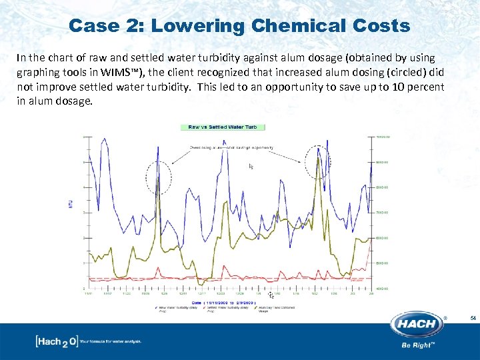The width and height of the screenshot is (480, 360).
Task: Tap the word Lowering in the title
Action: tap(196, 26)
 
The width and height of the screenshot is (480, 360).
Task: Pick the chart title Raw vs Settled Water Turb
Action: tap(223, 127)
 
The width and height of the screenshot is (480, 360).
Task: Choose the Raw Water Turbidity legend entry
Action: tap(174, 309)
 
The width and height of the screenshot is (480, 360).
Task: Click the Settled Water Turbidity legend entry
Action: tap(230, 309)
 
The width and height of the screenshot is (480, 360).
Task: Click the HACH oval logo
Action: tap(418, 325)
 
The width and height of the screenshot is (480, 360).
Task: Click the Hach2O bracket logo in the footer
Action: tap(57, 341)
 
